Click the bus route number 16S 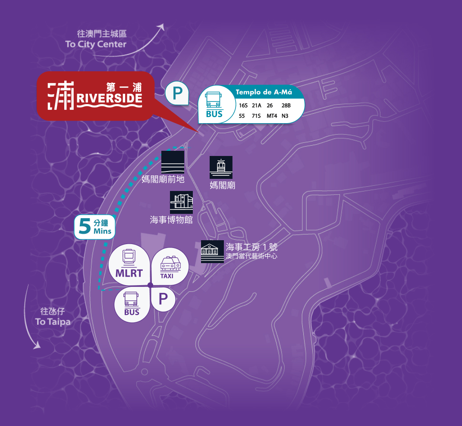click(243, 105)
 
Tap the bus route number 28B click(286, 105)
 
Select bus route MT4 click(272, 116)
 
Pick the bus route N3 click(285, 116)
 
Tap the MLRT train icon click(129, 257)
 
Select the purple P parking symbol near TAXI click(163, 299)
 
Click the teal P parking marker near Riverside click(177, 93)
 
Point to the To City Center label click(96, 44)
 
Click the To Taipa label click(53, 321)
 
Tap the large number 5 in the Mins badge click(85, 227)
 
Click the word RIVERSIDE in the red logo click(110, 99)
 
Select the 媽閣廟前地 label click(163, 179)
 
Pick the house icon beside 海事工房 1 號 click(212, 251)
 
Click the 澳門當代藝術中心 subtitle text click(251, 256)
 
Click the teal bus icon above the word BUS click(214, 100)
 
